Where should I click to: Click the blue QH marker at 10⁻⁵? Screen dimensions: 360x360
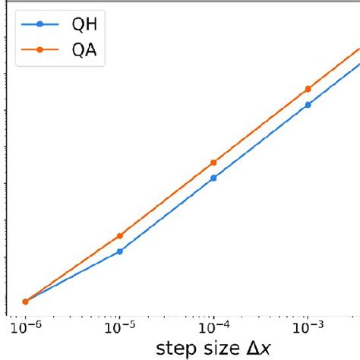pos(120,251)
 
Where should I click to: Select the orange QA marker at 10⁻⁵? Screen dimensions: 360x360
pos(120,236)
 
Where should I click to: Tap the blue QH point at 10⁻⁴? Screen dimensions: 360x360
pos(213,178)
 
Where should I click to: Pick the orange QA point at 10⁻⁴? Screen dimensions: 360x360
pos(213,163)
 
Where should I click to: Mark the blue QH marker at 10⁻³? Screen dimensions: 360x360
pos(308,105)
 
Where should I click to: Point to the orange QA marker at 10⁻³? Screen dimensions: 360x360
pos(308,89)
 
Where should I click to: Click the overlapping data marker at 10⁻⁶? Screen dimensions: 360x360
pos(26,302)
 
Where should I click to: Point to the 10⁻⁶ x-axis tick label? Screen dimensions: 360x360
pos(26,327)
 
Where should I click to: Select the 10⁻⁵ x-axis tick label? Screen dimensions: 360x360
pos(120,327)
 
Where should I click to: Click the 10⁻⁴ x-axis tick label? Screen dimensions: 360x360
pos(213,327)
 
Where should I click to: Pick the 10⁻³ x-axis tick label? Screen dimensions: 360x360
pos(307,327)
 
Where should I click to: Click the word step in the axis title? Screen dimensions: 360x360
pos(175,349)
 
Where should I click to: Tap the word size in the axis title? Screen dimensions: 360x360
pos(220,349)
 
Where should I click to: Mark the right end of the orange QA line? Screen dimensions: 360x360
pos(358,49)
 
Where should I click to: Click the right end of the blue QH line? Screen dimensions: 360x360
pos(358,64)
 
